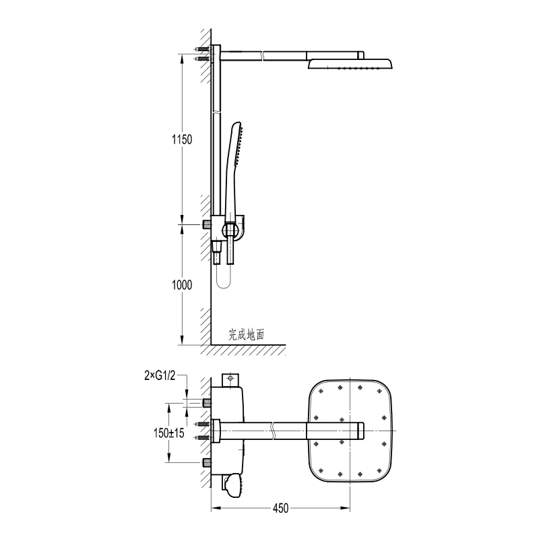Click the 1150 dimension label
pyautogui.click(x=181, y=139)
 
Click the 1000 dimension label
pyautogui.click(x=181, y=285)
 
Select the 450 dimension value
pyautogui.click(x=281, y=508)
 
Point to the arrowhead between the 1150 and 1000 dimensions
pyautogui.click(x=183, y=224)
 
